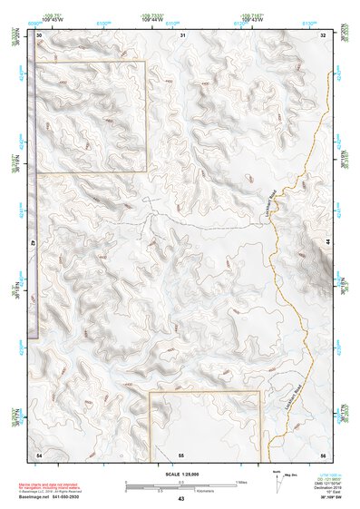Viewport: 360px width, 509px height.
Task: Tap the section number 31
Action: point(183,34)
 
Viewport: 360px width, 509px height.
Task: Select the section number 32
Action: point(323,34)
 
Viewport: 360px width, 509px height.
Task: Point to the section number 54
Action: point(39,453)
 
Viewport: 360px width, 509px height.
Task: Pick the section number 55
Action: point(181,453)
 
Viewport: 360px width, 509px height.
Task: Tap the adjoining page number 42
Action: point(33,243)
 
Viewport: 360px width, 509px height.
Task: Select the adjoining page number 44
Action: point(329,243)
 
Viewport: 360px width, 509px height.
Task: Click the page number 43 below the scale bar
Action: point(180,499)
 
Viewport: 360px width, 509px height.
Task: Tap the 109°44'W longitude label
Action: point(151,19)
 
